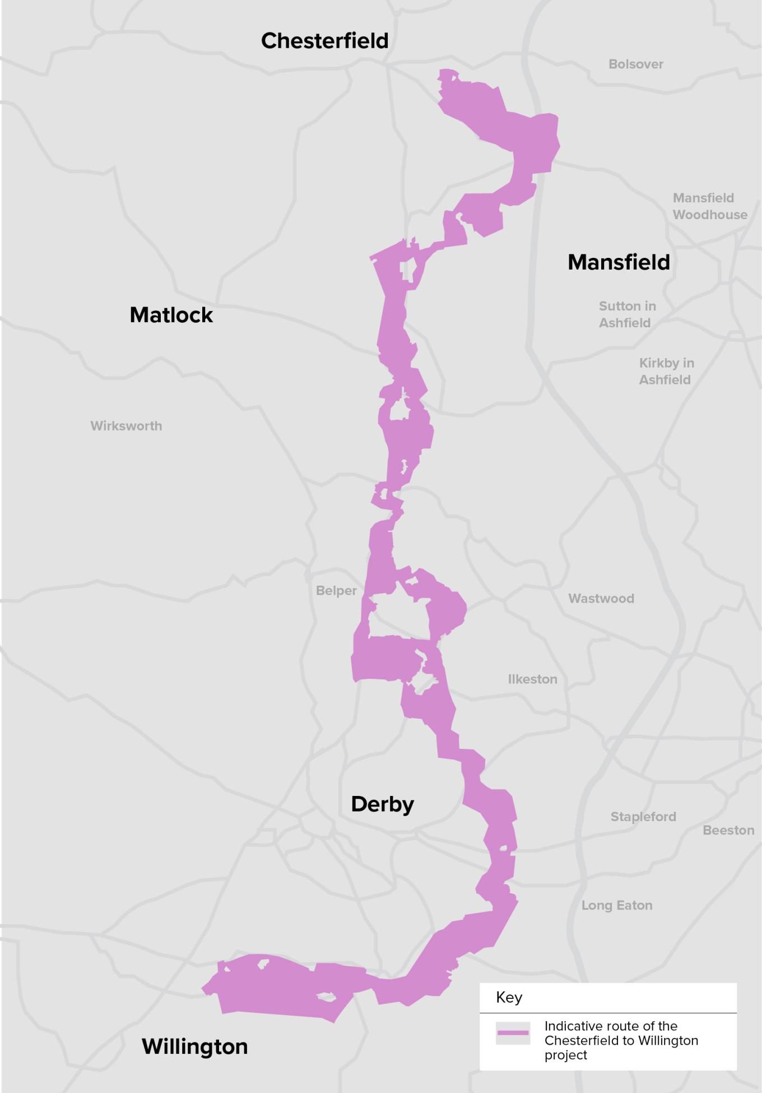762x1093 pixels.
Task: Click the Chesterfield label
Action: click(324, 41)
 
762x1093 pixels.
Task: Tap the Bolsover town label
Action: click(636, 64)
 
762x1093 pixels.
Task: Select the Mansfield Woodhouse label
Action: click(709, 206)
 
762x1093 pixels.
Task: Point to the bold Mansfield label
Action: click(619, 262)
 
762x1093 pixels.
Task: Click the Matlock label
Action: click(171, 315)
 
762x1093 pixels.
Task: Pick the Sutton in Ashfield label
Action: click(626, 314)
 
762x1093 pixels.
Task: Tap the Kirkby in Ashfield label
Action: click(666, 371)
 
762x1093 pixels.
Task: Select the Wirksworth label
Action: click(126, 426)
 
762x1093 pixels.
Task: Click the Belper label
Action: click(336, 591)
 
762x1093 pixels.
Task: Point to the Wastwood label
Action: click(601, 599)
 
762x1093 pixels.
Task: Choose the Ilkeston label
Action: click(532, 679)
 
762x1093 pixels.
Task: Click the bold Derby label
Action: click(382, 804)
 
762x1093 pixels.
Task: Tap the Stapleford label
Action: click(643, 817)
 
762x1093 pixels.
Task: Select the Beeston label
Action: click(728, 830)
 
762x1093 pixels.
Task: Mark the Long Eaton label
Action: click(616, 905)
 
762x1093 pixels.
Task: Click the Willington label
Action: click(194, 1046)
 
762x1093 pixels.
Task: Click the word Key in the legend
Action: click(509, 997)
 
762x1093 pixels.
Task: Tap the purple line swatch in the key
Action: click(513, 1033)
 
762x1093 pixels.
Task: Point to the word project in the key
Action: click(565, 1055)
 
